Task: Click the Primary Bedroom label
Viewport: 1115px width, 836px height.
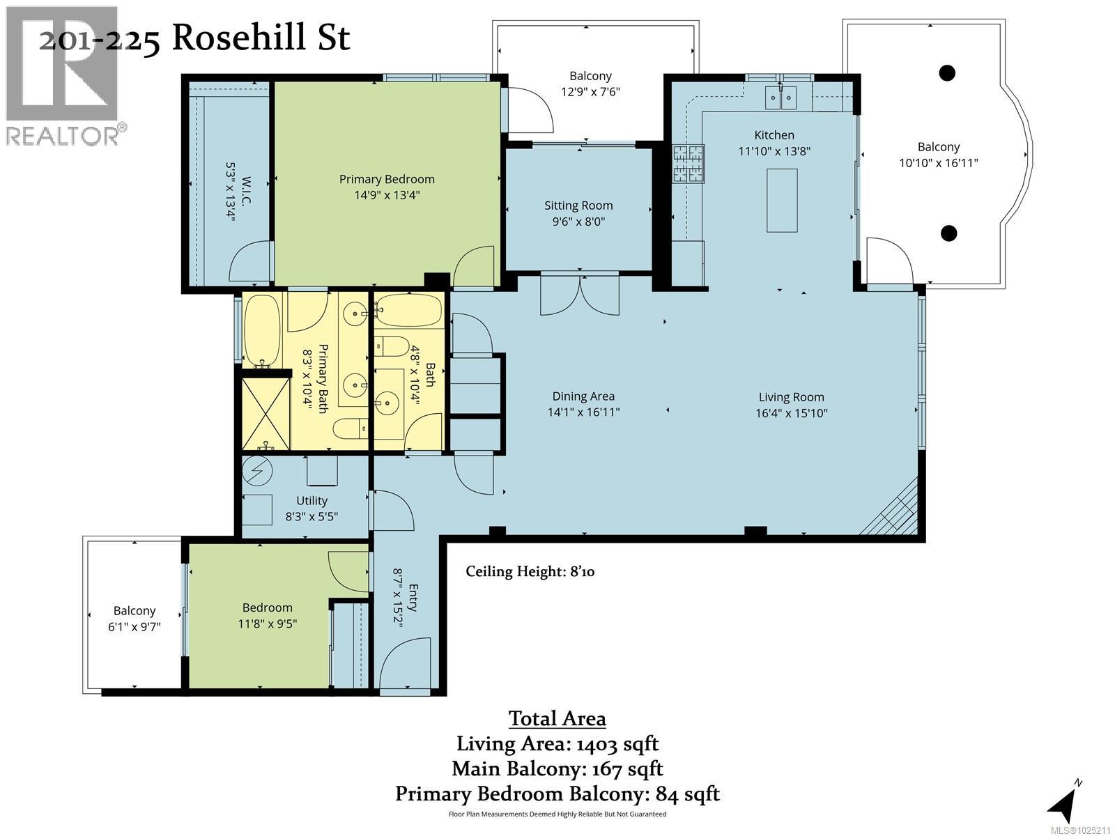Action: pos(387,179)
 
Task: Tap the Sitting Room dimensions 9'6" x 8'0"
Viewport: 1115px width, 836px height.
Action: pos(578,222)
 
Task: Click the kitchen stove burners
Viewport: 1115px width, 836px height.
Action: pos(688,164)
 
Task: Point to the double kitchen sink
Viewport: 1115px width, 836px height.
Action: pos(780,98)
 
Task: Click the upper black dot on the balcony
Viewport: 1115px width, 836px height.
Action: pos(946,72)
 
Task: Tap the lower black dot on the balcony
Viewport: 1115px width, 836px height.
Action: pos(948,233)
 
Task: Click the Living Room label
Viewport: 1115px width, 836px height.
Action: pos(790,397)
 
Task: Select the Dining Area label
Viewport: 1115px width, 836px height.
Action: pos(583,396)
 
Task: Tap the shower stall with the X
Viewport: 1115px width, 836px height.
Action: pos(266,412)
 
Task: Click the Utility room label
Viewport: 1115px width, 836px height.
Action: pos(312,500)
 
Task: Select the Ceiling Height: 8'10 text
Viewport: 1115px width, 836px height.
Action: pos(530,572)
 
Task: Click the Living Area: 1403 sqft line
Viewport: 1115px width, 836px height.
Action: pos(557,743)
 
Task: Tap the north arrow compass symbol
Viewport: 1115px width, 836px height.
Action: pos(1063,805)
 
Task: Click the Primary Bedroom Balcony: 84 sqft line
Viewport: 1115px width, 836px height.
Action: pos(557,794)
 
